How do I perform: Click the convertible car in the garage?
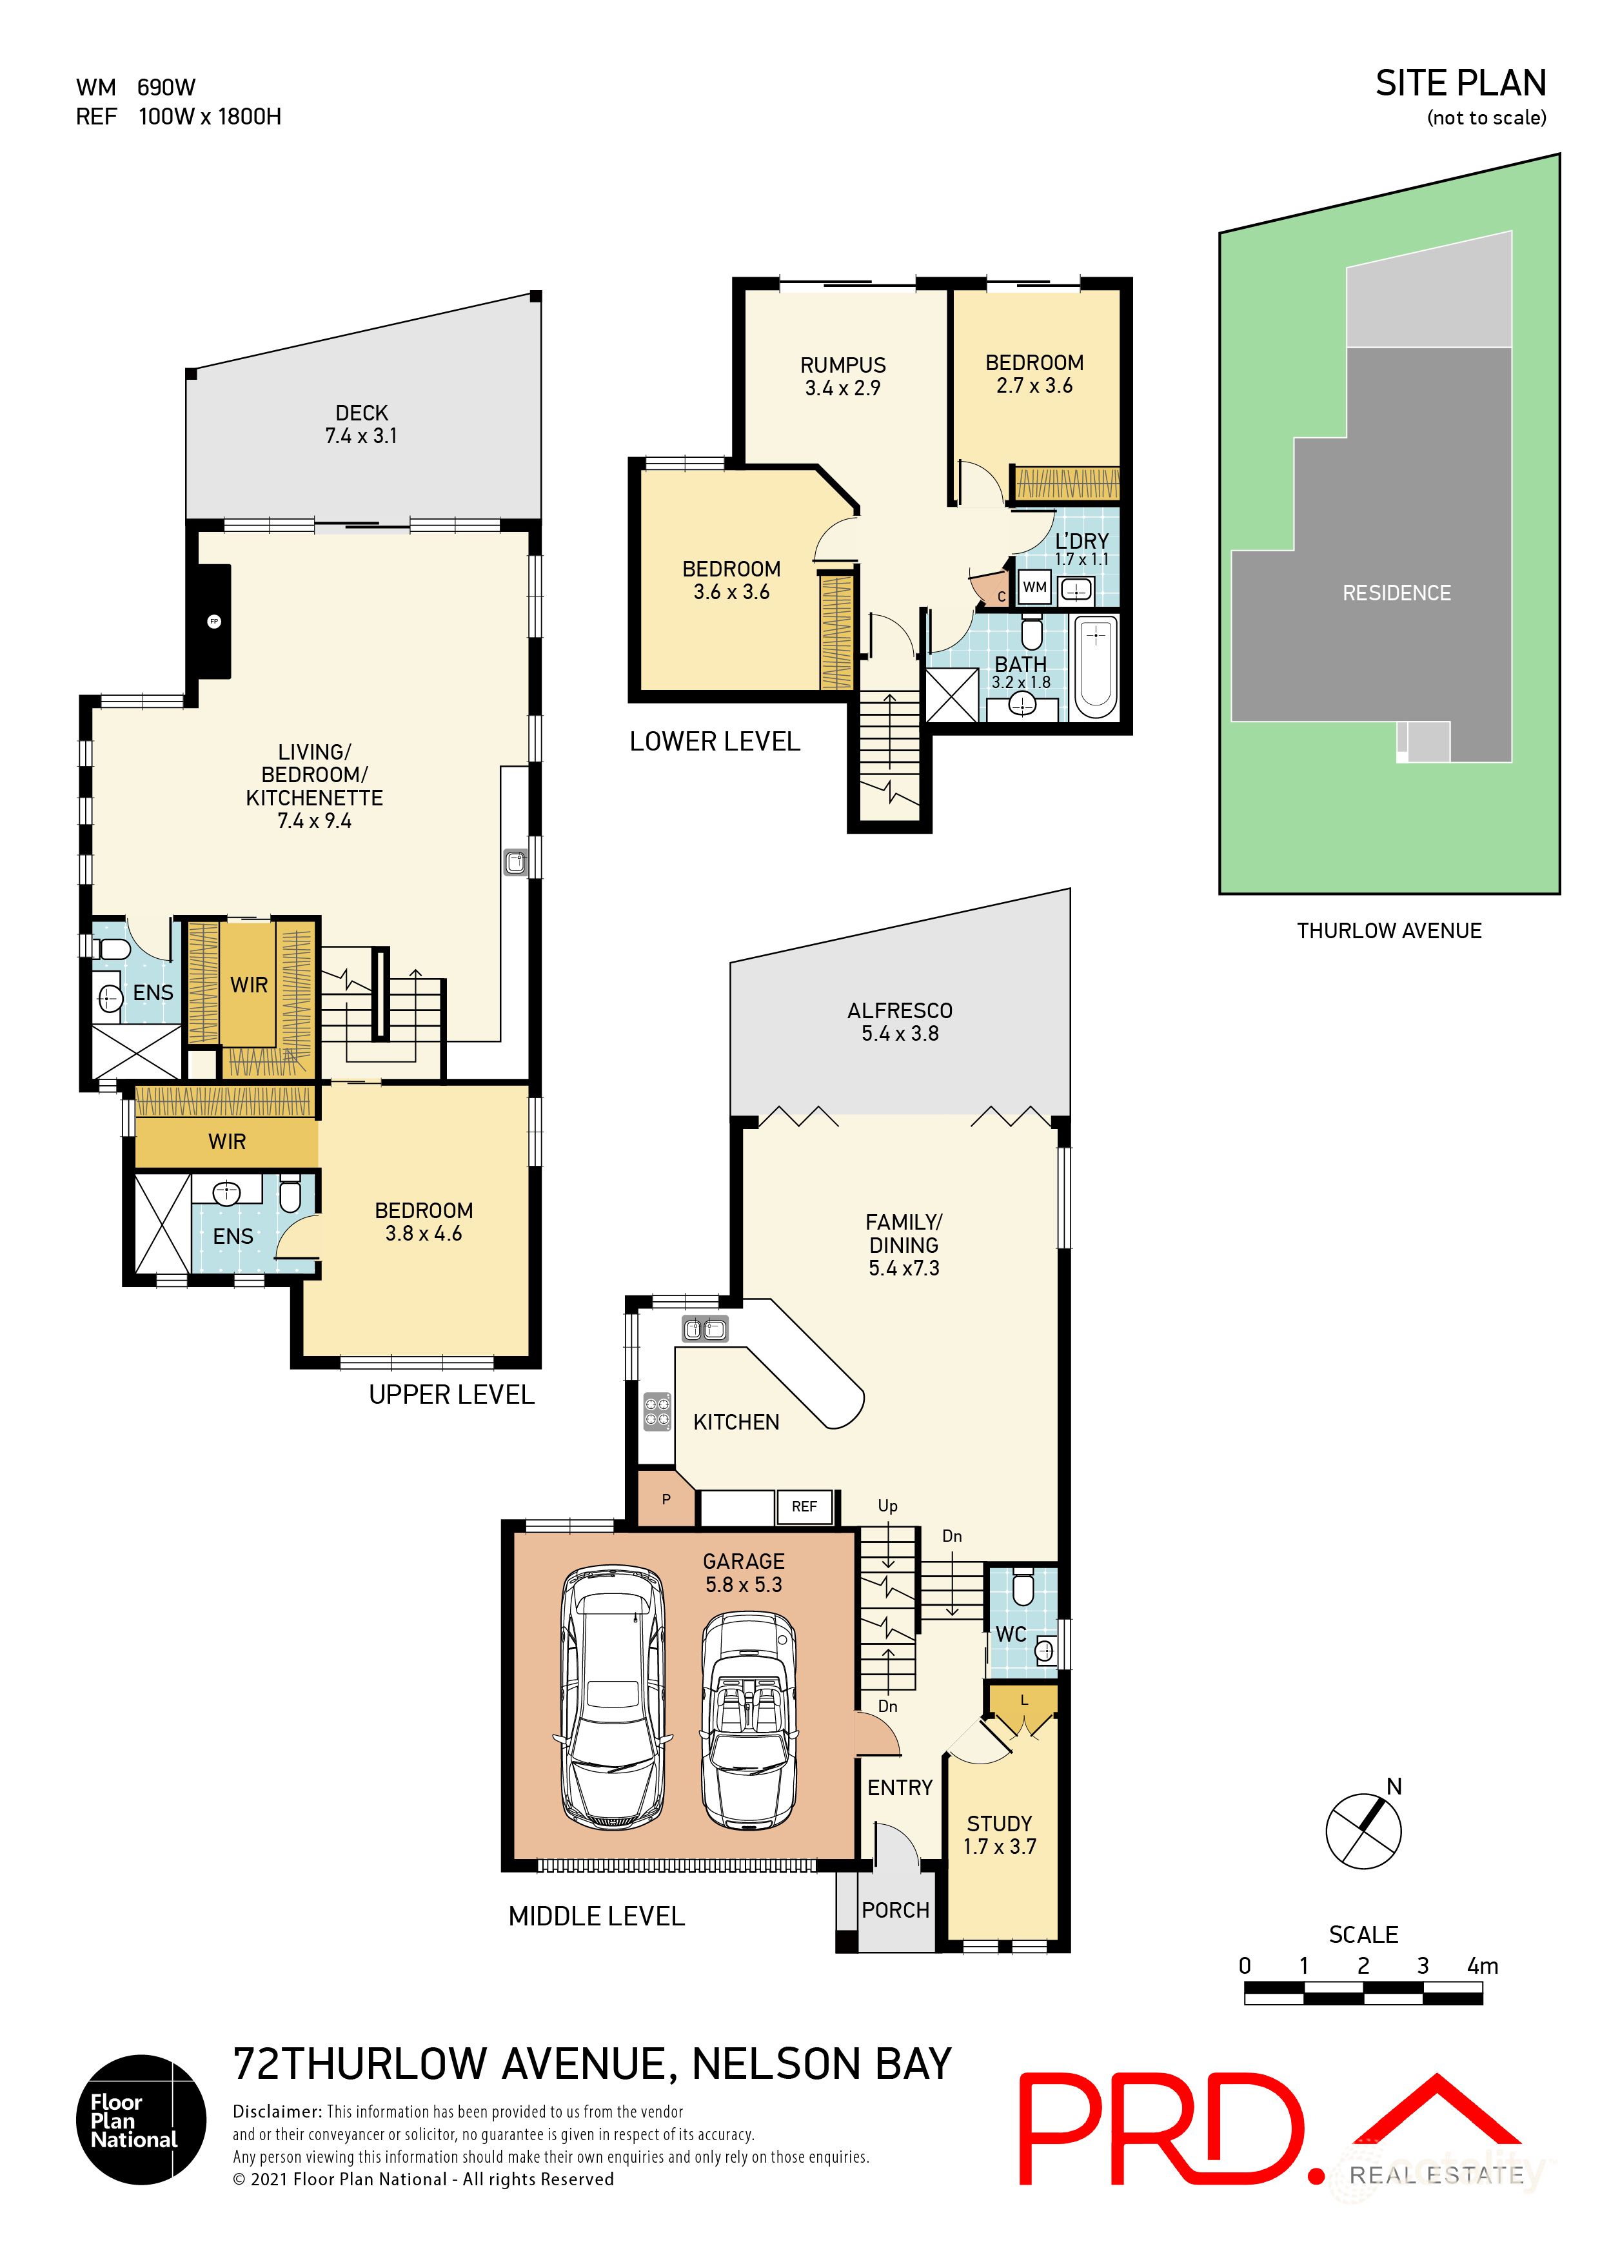coord(749,1718)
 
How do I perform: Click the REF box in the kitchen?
coord(804,1506)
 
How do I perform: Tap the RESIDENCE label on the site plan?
coord(1396,593)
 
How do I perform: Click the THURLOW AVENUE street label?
coord(1388,931)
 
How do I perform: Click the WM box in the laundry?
coord(1034,587)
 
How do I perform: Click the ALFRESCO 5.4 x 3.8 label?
coord(900,1021)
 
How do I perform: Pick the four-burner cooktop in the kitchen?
coord(657,1411)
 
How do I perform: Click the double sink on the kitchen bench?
coord(704,1330)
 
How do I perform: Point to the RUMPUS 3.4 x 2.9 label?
coord(842,377)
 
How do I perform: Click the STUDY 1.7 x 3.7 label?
coord(999,1834)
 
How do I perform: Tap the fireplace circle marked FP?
coord(214,622)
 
